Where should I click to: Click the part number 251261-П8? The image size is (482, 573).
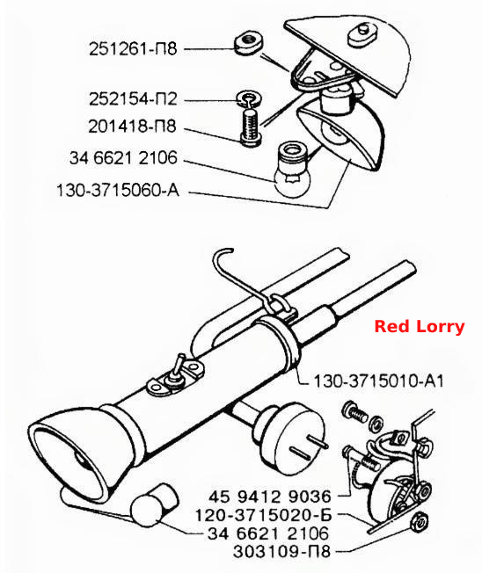point(133,48)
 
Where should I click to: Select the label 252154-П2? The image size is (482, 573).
point(133,99)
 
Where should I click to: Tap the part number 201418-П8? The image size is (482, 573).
point(133,127)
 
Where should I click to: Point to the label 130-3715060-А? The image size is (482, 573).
point(118,190)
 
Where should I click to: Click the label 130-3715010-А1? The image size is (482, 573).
point(378,381)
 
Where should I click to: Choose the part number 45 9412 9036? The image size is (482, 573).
point(270,497)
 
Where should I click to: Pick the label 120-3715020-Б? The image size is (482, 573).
point(263,515)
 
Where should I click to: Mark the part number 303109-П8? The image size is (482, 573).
point(281,551)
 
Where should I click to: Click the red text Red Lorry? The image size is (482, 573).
point(420,326)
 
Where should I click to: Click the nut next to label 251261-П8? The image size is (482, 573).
point(247,44)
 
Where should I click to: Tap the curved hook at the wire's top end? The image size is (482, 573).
point(223,256)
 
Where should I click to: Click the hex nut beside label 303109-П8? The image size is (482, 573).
point(419,522)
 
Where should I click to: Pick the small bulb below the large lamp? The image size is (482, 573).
point(153,504)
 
